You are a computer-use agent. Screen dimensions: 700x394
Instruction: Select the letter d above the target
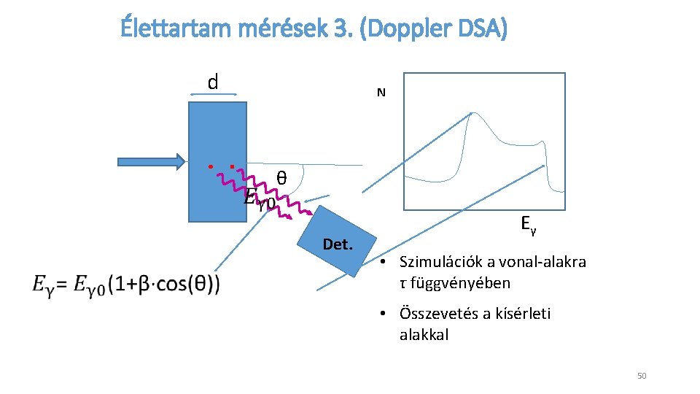pyautogui.click(x=213, y=82)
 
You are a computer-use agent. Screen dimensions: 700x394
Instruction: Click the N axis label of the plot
pyautogui.click(x=381, y=93)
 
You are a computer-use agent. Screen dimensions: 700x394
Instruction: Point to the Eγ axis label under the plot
pyautogui.click(x=529, y=224)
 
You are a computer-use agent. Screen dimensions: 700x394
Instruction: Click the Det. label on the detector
pyautogui.click(x=338, y=244)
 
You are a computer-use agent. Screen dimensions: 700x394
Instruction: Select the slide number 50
pyautogui.click(x=642, y=376)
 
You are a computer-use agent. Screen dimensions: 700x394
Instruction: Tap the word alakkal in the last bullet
pyautogui.click(x=424, y=335)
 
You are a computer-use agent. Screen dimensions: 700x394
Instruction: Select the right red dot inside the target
pyautogui.click(x=231, y=167)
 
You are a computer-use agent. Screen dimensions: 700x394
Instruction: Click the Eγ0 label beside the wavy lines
pyautogui.click(x=259, y=198)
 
